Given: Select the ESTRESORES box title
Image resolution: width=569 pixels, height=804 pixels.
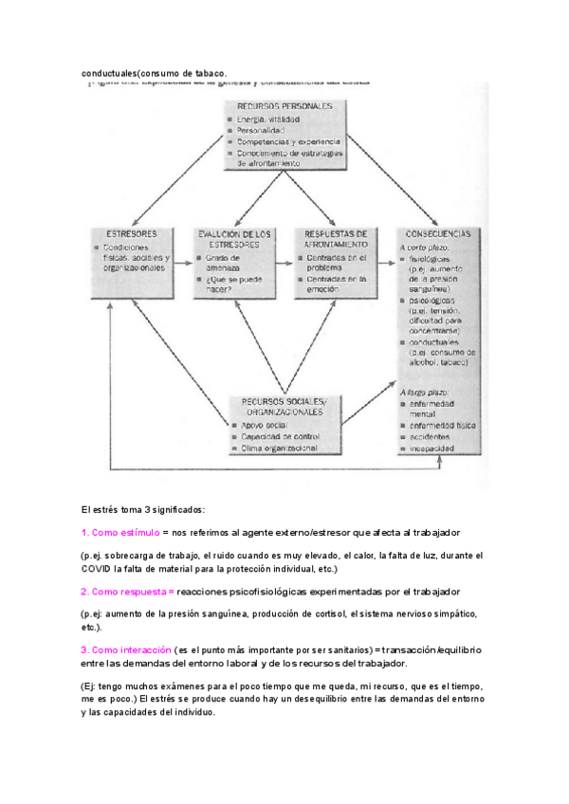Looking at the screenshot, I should click(x=132, y=233).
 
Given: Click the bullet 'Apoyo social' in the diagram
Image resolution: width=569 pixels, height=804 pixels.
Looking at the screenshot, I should click(x=265, y=425).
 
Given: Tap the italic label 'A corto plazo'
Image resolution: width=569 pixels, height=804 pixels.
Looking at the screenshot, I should click(x=424, y=247).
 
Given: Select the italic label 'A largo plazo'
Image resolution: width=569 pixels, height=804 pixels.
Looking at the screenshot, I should click(x=424, y=391).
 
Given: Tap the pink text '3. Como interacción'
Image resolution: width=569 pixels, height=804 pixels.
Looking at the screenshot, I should click(x=126, y=649).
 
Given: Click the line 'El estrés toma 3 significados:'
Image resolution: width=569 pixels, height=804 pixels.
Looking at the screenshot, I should click(x=142, y=508).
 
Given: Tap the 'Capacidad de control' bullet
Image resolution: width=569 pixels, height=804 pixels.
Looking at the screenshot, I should click(x=279, y=436).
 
